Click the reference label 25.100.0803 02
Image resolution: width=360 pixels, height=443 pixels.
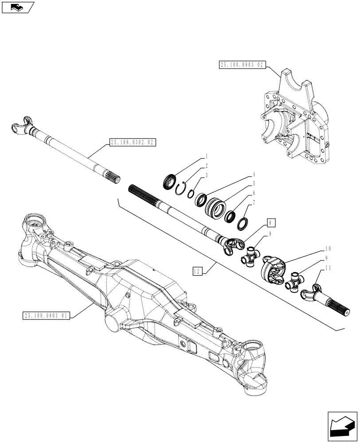242,65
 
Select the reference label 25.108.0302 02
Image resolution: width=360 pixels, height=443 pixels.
131,143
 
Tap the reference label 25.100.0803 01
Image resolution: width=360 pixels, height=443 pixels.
46,315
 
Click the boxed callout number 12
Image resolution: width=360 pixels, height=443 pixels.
197,270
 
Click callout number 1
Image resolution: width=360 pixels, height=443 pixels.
207,157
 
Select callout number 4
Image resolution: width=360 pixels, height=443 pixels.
254,175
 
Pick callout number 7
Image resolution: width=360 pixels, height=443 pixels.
254,202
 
